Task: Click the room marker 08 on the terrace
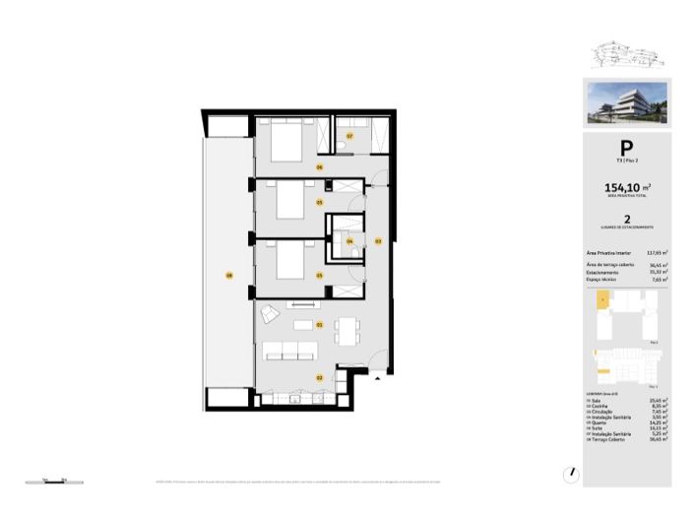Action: coord(228,275)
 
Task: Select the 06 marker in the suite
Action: coord(319,168)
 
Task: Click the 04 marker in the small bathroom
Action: coord(348,241)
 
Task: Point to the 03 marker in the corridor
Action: coord(378,240)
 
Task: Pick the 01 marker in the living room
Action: coord(320,324)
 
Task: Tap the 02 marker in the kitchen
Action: coord(319,377)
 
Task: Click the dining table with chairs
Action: coord(345,331)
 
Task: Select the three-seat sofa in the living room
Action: coord(288,349)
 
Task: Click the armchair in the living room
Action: coord(270,315)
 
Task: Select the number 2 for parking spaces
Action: coord(627,222)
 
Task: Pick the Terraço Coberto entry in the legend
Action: coord(611,438)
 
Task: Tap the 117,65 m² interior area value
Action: coord(657,252)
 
